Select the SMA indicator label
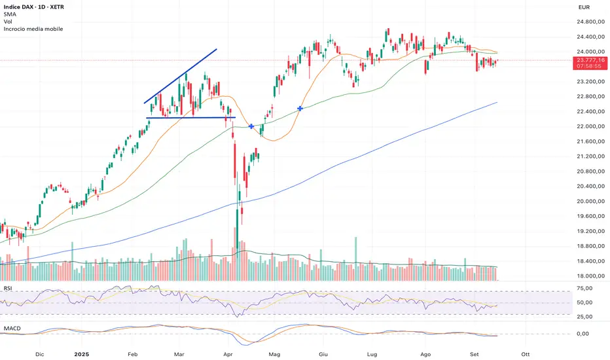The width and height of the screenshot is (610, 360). pyautogui.click(x=10, y=14)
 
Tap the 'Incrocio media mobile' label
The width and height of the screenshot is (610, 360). pyautogui.click(x=33, y=29)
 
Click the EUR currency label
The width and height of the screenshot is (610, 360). pyautogui.click(x=584, y=7)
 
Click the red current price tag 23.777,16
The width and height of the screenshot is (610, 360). pyautogui.click(x=588, y=60)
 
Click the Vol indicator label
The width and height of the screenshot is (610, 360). pyautogui.click(x=9, y=22)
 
